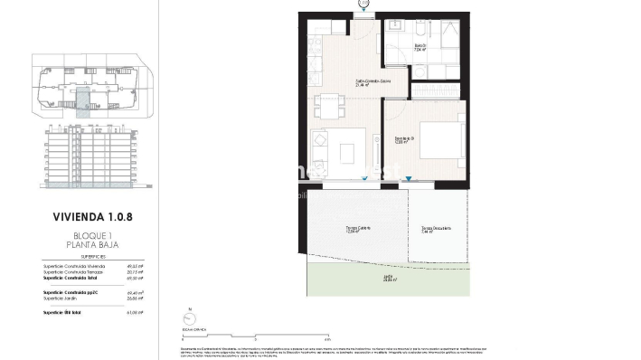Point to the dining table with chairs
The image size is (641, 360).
[x=328, y=105]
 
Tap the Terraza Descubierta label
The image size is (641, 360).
[x=437, y=228]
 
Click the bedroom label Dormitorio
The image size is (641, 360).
[x=403, y=137]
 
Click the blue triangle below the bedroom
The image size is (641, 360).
[x=409, y=178]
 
